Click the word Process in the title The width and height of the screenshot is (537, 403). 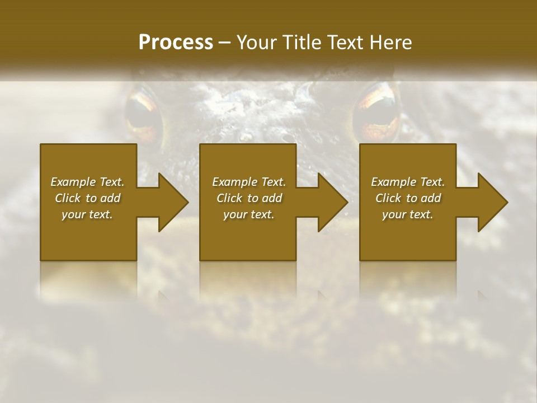click(176, 43)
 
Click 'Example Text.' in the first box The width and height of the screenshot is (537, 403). click(87, 182)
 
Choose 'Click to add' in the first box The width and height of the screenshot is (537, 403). click(87, 198)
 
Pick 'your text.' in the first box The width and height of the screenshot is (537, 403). click(87, 214)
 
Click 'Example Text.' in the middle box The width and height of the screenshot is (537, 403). click(249, 182)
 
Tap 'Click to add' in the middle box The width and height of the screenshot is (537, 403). click(249, 198)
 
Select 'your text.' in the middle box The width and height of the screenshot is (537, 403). click(249, 214)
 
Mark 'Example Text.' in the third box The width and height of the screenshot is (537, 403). click(408, 182)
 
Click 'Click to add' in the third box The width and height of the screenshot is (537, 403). click(408, 198)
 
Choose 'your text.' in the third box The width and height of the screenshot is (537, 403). click(408, 214)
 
